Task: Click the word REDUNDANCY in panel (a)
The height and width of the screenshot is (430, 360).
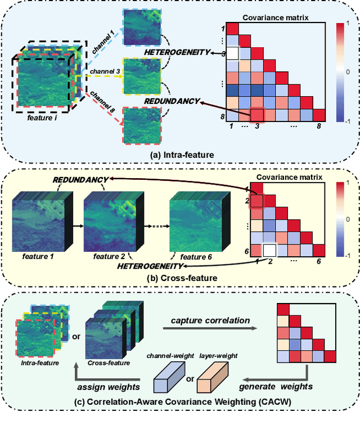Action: (x=172, y=101)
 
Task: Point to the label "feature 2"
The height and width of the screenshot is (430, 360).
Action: (x=105, y=256)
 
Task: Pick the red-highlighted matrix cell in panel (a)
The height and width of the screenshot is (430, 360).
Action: (x=256, y=115)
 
